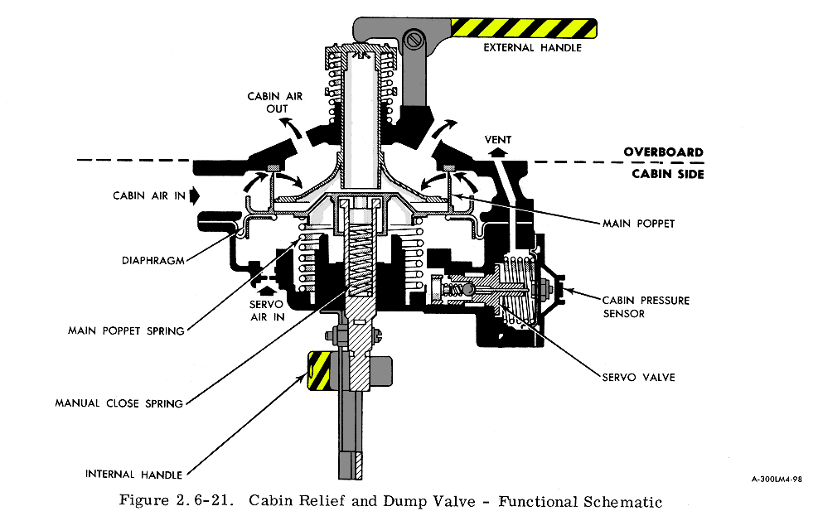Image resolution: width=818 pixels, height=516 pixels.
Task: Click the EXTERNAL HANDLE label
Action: click(x=533, y=48)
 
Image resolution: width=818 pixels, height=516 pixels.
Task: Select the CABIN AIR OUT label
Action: click(x=275, y=103)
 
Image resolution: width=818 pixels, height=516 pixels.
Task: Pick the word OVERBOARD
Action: click(x=663, y=152)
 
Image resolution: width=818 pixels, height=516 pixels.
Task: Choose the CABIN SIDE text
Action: click(x=667, y=174)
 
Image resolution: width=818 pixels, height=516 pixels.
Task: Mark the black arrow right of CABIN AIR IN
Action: click(x=195, y=196)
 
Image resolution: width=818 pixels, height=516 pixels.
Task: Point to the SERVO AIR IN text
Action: click(x=265, y=311)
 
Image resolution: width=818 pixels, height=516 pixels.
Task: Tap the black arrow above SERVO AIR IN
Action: click(x=265, y=291)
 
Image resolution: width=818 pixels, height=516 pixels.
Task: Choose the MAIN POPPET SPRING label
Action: click(x=126, y=331)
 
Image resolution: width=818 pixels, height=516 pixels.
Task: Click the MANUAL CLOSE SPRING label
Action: click(x=119, y=403)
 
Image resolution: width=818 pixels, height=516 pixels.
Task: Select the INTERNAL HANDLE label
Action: click(x=133, y=475)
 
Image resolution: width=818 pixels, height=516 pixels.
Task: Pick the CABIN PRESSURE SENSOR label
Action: click(x=645, y=306)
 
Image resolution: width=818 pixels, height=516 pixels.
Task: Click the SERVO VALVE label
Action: click(x=639, y=377)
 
